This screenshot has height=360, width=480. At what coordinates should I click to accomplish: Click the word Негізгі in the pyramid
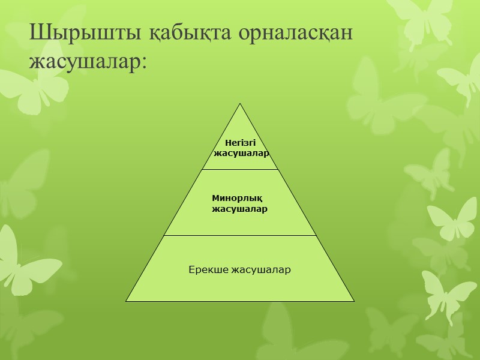pos(240,143)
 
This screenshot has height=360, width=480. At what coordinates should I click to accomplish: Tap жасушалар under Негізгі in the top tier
pos(241,153)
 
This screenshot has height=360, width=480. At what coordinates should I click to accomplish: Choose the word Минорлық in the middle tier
pos(238,198)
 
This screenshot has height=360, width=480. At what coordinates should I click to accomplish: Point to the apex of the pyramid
pos(240,104)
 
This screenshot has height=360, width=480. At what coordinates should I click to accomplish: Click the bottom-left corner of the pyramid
pos(127,301)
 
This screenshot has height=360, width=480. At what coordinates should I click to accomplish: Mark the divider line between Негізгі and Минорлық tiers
pos(240,169)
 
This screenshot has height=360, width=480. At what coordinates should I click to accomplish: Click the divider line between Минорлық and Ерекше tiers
pos(240,235)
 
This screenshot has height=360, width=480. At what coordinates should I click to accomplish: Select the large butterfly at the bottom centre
pos(288,330)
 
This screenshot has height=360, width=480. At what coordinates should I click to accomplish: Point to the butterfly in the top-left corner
pos(30,90)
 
